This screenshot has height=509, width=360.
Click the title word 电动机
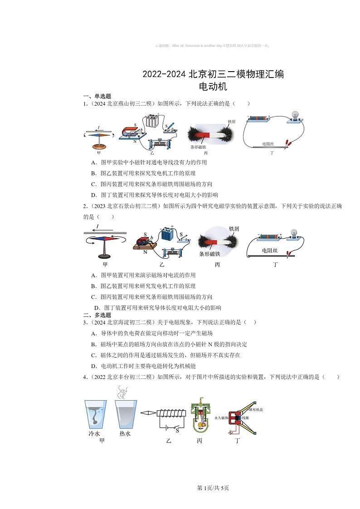click(x=213, y=86)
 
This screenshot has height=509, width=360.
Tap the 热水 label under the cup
click(x=125, y=433)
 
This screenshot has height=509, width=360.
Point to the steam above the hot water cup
click(x=122, y=393)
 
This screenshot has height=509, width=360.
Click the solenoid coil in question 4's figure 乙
click(x=171, y=413)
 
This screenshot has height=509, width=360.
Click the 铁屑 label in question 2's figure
click(x=234, y=229)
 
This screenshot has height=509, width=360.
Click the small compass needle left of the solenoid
click(x=148, y=413)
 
